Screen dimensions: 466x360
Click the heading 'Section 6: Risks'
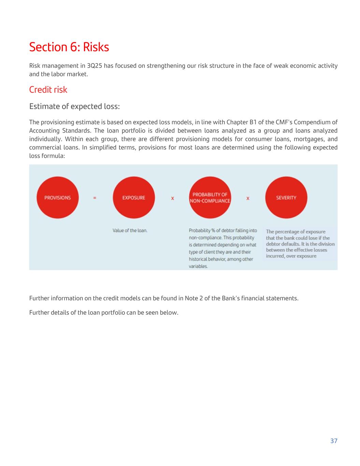point(69,47)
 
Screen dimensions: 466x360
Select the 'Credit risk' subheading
point(48,89)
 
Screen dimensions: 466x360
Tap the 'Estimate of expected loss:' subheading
point(74,106)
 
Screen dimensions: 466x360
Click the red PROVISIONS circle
point(57,197)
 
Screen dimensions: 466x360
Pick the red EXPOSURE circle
point(133,197)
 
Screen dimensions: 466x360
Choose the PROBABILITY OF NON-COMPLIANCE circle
point(210,197)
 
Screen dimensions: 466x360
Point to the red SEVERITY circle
point(286,197)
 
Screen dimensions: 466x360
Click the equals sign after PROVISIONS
point(95,198)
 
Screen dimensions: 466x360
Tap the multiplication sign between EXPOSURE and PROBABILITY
point(172,198)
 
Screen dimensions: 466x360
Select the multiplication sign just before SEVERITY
point(248,198)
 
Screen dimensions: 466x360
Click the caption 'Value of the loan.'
point(130,230)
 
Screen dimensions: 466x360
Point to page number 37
point(334,441)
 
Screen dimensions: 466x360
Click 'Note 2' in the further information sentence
point(194,298)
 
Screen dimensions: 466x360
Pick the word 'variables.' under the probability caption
point(198,266)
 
